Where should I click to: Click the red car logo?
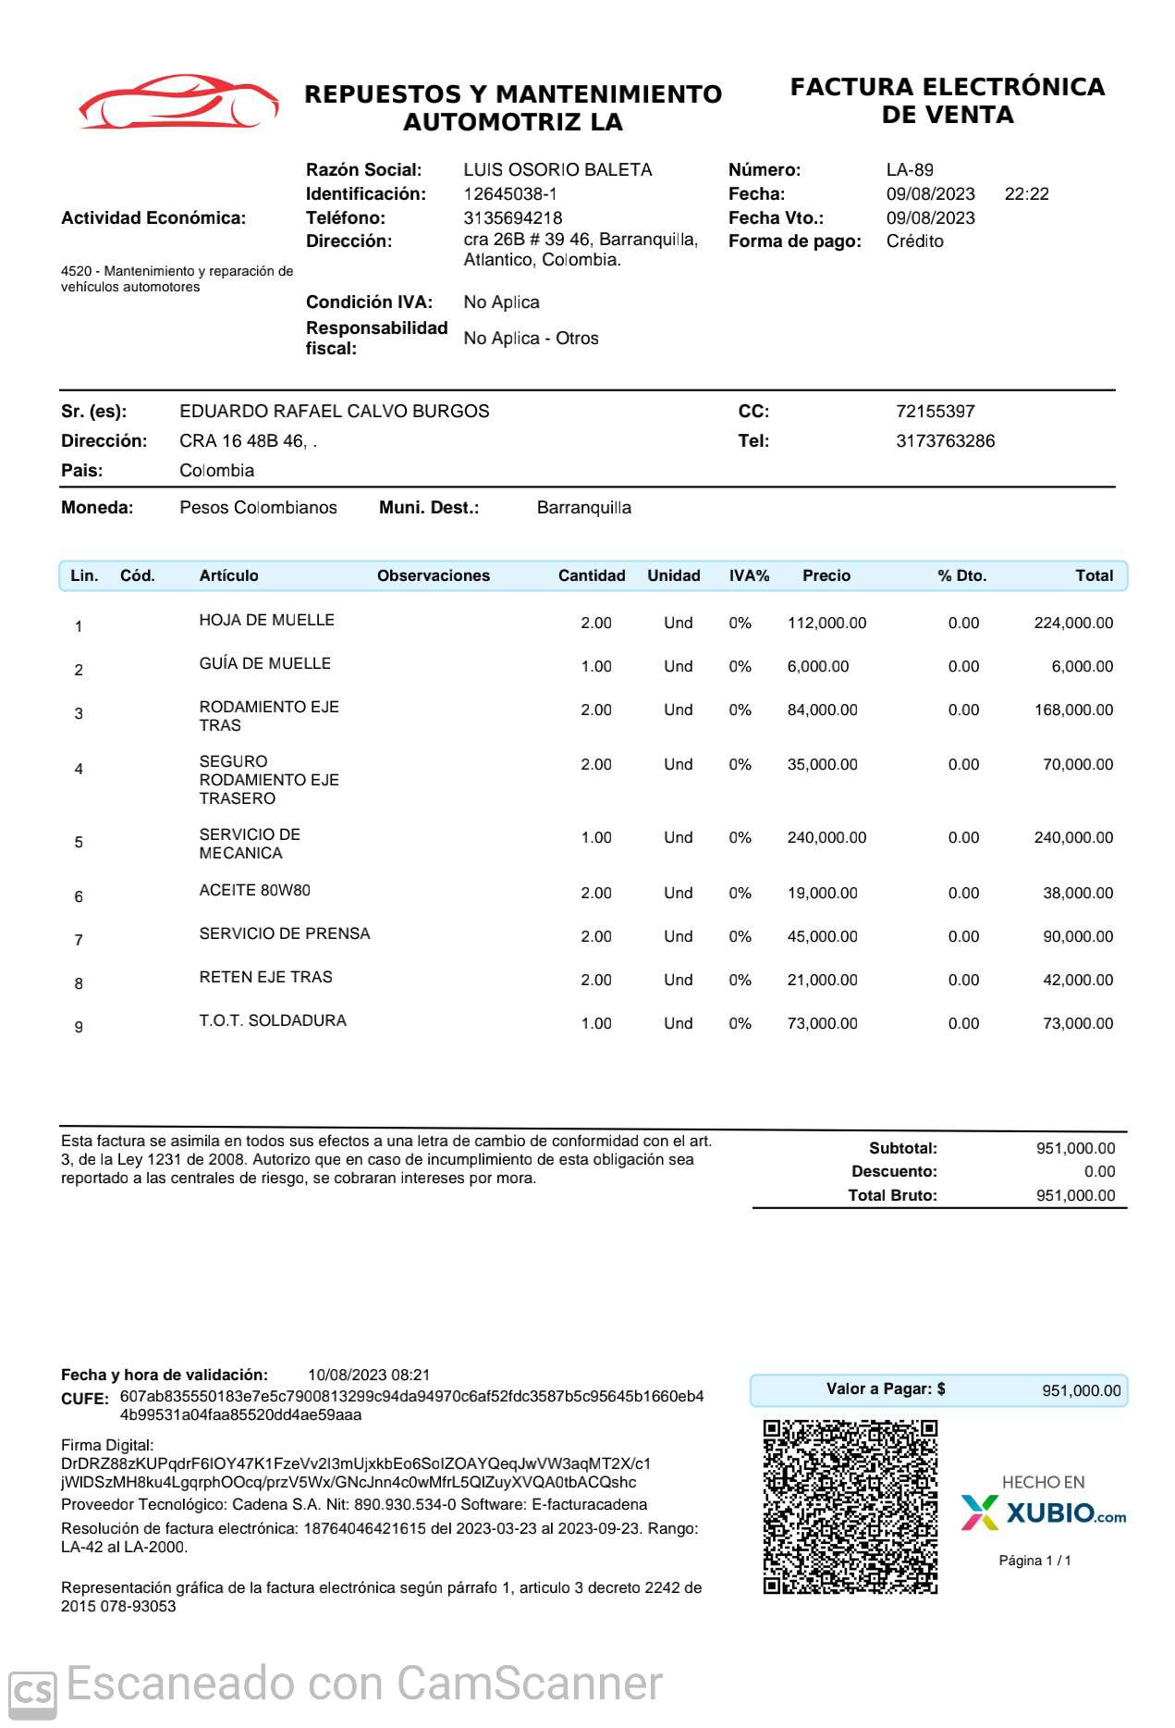(x=178, y=102)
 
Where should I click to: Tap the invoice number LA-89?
(x=910, y=170)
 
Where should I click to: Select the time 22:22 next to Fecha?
(x=1026, y=194)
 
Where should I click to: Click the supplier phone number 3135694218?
(x=512, y=218)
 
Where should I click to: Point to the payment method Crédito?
(x=914, y=241)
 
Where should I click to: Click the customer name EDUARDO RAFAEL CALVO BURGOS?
(x=334, y=412)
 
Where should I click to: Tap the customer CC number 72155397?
(x=935, y=412)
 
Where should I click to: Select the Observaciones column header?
(x=433, y=575)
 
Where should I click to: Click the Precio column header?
(x=826, y=575)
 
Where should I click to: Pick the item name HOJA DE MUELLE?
(x=266, y=621)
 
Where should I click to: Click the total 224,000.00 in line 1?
(x=1072, y=623)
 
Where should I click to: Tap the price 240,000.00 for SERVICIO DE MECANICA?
(x=826, y=838)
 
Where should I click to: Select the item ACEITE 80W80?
(x=254, y=891)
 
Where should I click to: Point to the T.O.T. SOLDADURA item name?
(x=273, y=1021)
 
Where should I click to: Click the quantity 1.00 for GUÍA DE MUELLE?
(x=596, y=667)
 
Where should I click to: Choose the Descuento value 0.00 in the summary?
(x=1099, y=1172)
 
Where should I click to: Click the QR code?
(x=850, y=1507)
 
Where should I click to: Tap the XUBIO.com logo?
(x=1044, y=1512)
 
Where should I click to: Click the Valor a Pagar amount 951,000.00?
(x=1081, y=1390)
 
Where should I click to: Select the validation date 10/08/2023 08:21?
(x=369, y=1376)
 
